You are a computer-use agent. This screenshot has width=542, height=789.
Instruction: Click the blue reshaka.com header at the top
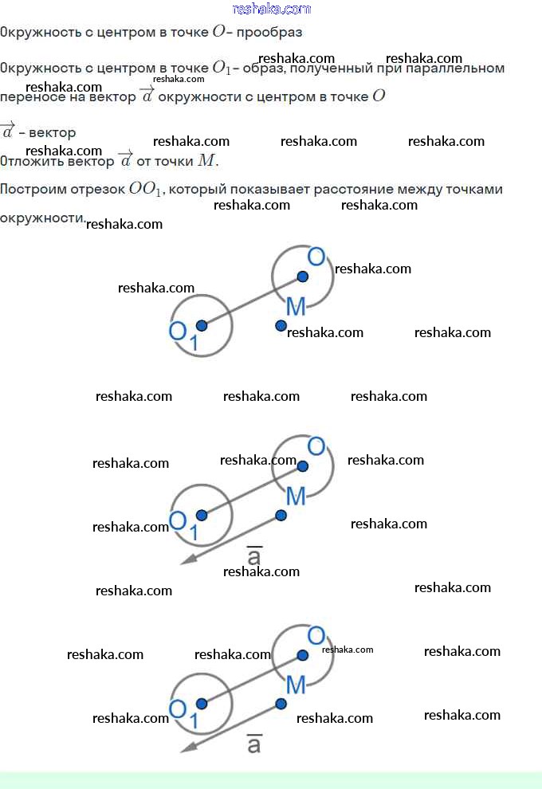(272, 9)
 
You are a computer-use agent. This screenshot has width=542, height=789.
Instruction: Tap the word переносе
(32, 97)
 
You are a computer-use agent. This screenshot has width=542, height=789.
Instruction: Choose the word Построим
(31, 190)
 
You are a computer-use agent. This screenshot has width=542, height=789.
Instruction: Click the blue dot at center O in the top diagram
(302, 277)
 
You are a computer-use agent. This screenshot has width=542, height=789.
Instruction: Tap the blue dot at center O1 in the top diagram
(202, 326)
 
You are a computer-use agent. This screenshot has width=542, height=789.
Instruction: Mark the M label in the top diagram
(296, 307)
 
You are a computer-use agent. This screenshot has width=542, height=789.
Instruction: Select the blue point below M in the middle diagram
(281, 516)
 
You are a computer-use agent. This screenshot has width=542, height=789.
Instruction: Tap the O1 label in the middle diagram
(183, 525)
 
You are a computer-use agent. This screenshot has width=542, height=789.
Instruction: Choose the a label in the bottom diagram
(254, 744)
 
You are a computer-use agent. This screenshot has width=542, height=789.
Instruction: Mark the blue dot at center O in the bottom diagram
(302, 655)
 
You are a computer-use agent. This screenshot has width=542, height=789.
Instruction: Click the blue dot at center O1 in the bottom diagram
(202, 704)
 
